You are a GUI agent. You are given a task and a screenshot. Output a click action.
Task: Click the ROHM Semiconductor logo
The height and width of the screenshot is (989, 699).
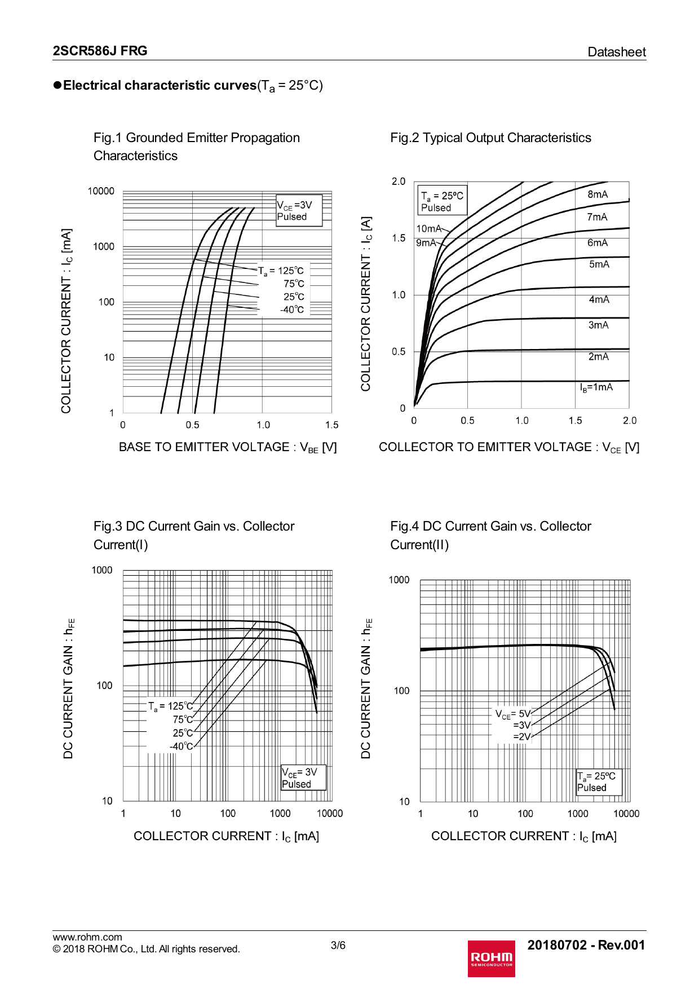tap(491, 958)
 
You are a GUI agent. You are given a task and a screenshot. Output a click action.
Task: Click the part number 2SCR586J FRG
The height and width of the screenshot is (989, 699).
tap(100, 51)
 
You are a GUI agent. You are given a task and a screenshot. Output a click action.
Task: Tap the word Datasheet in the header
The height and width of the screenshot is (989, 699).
tap(616, 52)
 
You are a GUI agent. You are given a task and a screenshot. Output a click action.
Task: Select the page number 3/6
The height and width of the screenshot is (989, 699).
tap(338, 945)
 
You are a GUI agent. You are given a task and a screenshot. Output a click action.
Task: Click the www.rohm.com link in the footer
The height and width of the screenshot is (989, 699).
tap(87, 937)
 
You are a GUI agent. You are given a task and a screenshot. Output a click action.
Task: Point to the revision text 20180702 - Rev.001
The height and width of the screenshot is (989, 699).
tap(586, 945)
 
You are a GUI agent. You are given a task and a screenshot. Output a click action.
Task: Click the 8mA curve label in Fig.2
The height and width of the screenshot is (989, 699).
tap(598, 195)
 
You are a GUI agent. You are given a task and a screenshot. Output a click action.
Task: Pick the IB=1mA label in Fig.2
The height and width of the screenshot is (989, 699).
tap(596, 387)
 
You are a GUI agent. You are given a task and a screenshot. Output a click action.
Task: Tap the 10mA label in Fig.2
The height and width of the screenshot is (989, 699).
tap(428, 228)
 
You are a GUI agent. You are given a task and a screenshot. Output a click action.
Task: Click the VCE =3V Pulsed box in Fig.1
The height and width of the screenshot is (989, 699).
tap(299, 210)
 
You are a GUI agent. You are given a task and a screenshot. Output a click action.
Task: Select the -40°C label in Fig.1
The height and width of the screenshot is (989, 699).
tap(292, 310)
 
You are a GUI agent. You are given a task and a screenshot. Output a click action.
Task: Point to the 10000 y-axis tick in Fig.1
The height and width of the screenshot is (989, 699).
tap(101, 191)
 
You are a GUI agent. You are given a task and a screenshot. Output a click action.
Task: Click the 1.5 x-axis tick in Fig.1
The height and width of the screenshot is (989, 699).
tap(331, 425)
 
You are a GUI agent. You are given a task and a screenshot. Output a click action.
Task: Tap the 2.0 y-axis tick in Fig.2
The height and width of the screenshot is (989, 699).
tap(399, 181)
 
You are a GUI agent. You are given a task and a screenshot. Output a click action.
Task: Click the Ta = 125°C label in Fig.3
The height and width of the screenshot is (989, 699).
tap(170, 706)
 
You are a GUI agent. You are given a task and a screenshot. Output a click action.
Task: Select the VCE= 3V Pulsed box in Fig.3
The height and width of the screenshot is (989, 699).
tap(303, 778)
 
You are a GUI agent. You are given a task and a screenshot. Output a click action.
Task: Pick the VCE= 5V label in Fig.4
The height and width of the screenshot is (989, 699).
tap(512, 714)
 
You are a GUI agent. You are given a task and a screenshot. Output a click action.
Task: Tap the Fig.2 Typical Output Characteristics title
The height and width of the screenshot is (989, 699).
tap(490, 138)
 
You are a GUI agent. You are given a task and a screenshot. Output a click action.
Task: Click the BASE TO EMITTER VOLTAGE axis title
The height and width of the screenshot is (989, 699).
tap(227, 447)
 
